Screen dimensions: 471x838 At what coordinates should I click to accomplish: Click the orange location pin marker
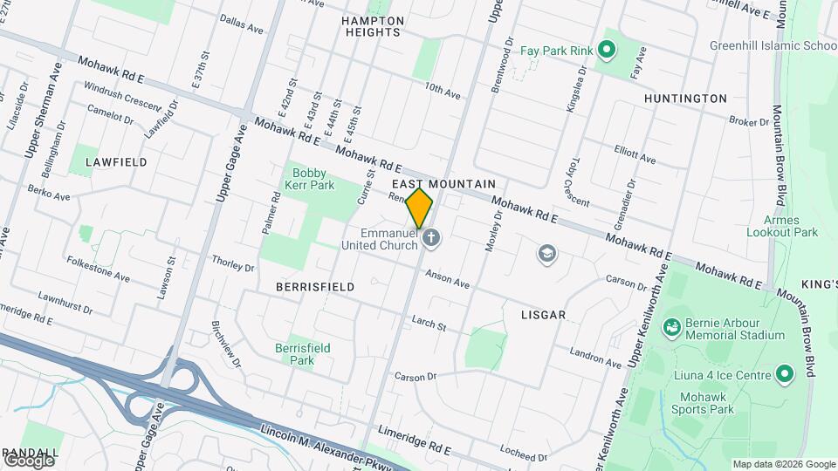point(419,208)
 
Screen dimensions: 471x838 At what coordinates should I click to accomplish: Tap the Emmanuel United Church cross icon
point(429,238)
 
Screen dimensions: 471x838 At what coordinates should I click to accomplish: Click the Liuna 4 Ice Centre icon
point(784,375)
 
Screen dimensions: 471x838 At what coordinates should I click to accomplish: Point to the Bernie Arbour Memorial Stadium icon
point(671,328)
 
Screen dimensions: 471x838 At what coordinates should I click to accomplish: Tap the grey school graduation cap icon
point(547,255)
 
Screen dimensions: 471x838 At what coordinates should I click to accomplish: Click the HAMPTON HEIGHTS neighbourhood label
point(373,26)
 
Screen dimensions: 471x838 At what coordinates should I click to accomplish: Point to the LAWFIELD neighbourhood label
point(116,162)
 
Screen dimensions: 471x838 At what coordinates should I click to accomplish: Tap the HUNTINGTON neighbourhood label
point(685,99)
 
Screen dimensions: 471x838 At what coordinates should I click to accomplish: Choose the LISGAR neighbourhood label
point(544,314)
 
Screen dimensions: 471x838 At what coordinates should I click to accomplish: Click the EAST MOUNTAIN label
point(443,184)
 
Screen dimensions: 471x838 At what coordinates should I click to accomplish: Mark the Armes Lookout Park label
point(782,226)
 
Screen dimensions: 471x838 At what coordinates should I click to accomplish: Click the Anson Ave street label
point(448,279)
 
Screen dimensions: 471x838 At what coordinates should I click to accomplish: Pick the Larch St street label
point(429,324)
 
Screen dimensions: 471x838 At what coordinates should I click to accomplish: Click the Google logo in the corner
point(29,459)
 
